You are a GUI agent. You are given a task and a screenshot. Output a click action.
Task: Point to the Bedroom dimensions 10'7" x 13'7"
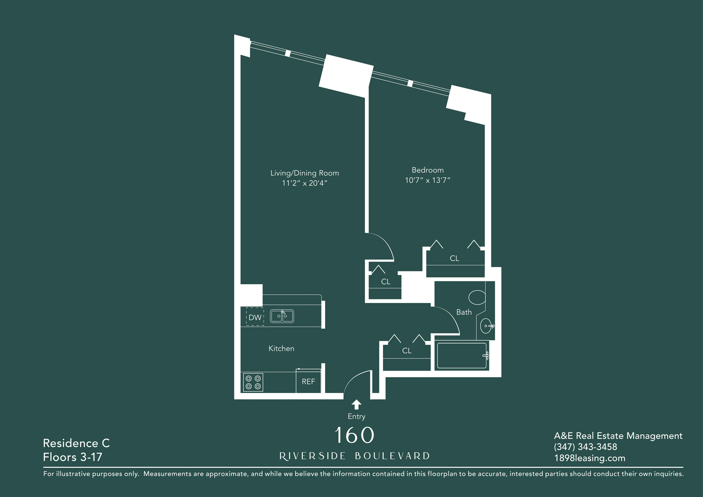(428, 180)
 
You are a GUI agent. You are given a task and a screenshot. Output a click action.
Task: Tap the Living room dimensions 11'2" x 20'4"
(305, 183)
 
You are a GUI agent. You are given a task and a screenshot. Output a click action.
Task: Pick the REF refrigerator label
(308, 382)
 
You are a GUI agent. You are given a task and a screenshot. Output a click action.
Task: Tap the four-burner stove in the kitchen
(253, 382)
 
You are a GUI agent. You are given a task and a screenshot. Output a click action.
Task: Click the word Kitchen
(281, 348)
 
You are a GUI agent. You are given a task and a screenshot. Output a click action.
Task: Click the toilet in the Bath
(477, 297)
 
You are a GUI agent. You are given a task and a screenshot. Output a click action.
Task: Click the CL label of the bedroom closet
(454, 258)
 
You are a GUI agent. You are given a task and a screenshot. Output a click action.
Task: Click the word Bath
(464, 312)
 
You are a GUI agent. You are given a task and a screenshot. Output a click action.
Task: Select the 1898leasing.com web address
(589, 458)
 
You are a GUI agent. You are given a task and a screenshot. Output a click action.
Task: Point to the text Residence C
(76, 443)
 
